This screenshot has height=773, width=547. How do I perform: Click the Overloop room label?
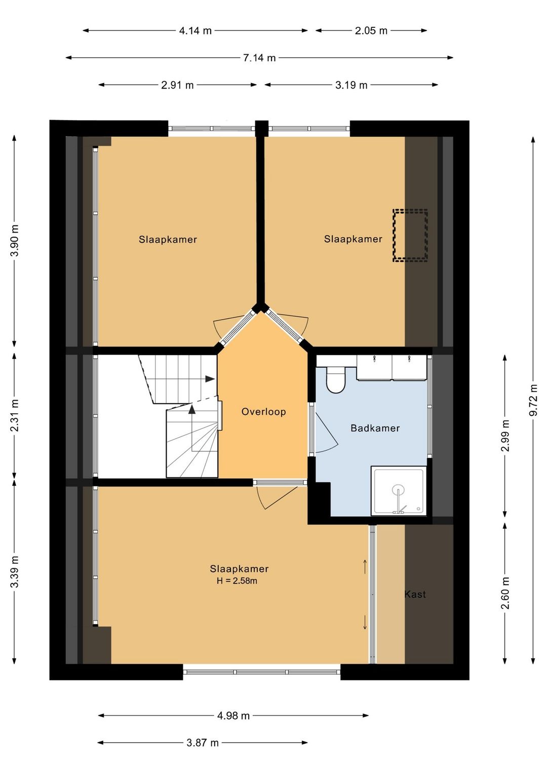[x=264, y=412]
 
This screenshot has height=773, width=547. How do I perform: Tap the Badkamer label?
[x=375, y=428]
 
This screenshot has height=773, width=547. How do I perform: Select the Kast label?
[x=415, y=594]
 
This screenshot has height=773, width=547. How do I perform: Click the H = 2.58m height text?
[x=237, y=581]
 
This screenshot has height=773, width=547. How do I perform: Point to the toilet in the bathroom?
[x=335, y=380]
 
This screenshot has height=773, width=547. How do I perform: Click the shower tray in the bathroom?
[x=399, y=491]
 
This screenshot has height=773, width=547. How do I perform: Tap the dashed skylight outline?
[x=410, y=236]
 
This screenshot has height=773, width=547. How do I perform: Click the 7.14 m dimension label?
[x=259, y=58]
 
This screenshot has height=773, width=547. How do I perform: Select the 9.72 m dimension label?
[x=533, y=400]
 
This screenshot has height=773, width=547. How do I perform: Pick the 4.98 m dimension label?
[x=233, y=716]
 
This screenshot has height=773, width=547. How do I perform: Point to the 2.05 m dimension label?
[x=371, y=31]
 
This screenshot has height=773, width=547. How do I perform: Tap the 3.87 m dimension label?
[x=203, y=743]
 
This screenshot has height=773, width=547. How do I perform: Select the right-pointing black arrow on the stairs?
[x=210, y=379]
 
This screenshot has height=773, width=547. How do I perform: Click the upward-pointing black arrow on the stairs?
[x=192, y=409]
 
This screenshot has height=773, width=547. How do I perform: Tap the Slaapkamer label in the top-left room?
[x=168, y=240]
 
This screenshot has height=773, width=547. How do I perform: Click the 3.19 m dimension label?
[x=351, y=85]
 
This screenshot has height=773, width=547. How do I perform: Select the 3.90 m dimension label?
[x=14, y=241]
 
